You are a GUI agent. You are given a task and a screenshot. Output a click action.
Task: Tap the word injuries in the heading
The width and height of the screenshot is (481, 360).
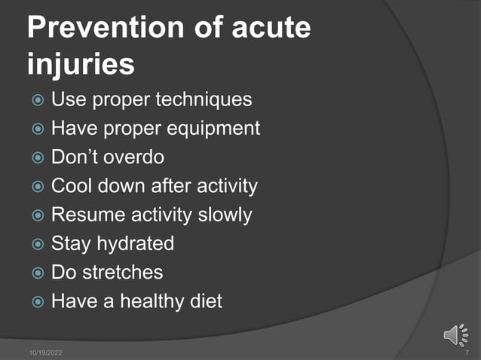pos(81,64)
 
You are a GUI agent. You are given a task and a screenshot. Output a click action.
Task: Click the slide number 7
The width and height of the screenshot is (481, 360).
pos(467,352)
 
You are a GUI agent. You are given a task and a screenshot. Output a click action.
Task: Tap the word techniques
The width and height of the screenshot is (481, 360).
pos(204,100)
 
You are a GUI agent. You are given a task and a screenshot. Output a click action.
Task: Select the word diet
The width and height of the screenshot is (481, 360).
pos(206,301)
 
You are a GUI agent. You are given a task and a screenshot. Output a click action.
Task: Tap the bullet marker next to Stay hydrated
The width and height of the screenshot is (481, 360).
pos(38,245)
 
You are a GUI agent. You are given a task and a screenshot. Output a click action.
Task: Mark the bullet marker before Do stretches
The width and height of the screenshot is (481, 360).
pos(38,273)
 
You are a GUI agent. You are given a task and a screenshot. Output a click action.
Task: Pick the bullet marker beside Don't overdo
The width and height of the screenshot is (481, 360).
pos(38,158)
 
